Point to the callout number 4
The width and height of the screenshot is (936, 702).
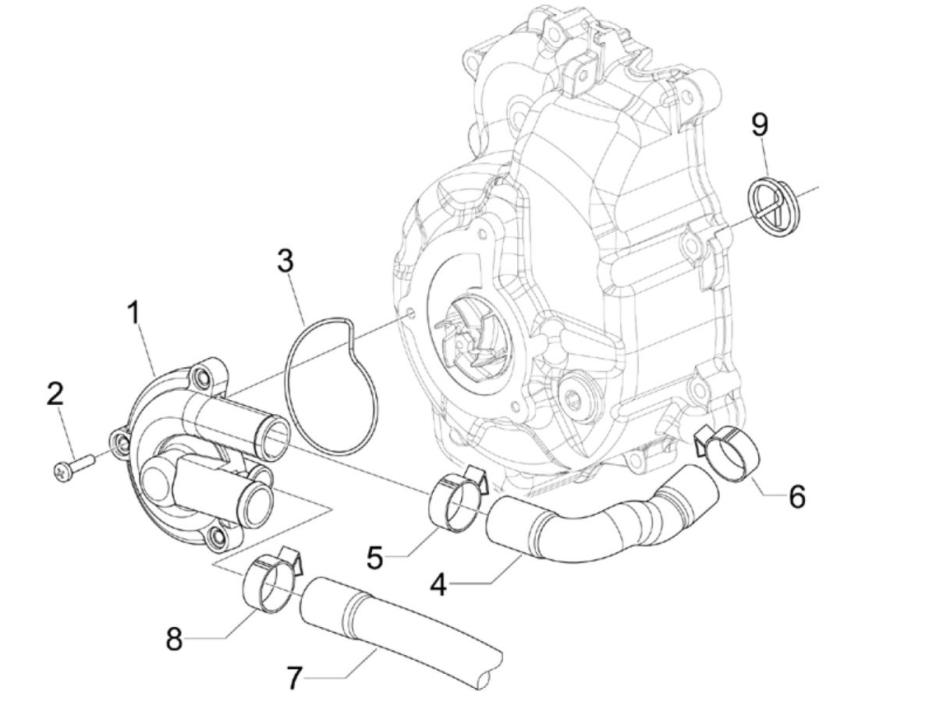(439, 583)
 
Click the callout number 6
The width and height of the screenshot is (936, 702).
(796, 496)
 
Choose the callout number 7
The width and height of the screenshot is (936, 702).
(294, 678)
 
